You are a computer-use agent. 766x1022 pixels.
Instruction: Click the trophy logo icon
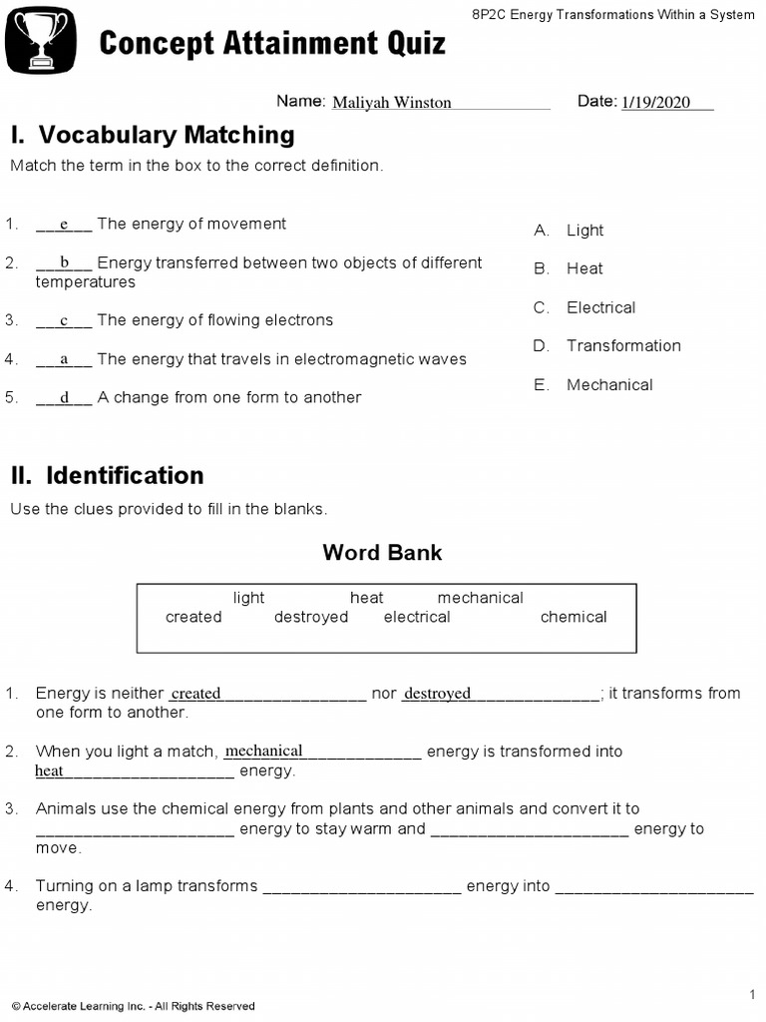point(41,39)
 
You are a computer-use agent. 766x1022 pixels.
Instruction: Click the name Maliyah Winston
point(391,103)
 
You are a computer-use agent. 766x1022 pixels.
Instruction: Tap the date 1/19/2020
point(655,103)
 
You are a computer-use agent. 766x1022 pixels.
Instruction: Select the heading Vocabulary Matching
point(153,135)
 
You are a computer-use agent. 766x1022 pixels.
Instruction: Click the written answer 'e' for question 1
point(64,225)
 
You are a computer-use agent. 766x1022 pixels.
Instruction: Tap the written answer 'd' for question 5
point(64,398)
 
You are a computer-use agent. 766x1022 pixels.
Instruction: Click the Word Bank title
point(382,553)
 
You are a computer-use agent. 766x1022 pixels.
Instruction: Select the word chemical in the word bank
point(574,617)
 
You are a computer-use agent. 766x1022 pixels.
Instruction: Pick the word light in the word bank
point(248,598)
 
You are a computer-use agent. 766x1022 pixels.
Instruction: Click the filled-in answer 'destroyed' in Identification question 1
point(437,694)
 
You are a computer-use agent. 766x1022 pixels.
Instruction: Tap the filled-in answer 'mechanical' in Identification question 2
point(264,751)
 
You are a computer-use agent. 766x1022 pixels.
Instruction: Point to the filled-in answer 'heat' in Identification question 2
point(49,770)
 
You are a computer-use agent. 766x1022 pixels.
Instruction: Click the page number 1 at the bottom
point(752,994)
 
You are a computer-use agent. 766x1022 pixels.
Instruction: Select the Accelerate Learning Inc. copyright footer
point(133,1006)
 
